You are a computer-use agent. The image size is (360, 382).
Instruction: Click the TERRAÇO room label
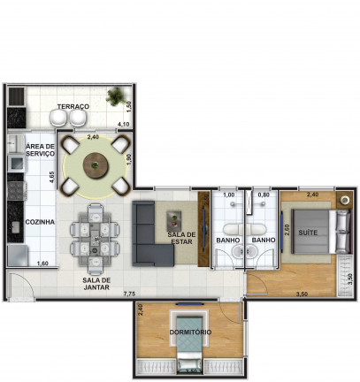click(73, 106)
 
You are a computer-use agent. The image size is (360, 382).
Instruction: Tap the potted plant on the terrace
click(117, 96)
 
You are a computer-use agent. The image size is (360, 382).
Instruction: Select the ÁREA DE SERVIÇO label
click(40, 149)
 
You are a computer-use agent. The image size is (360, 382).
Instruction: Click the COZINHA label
click(40, 222)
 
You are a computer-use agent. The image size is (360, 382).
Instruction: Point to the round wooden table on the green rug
click(96, 164)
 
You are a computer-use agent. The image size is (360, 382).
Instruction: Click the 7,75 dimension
click(129, 294)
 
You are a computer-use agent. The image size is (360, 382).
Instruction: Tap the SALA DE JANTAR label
click(96, 284)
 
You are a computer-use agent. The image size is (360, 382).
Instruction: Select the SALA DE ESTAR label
click(181, 238)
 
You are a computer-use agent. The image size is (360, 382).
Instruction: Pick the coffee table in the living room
click(174, 221)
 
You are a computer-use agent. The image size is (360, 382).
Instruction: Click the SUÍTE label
click(308, 233)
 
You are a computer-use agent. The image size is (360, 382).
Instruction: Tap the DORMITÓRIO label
click(190, 332)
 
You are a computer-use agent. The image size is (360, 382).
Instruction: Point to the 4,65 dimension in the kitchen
click(52, 178)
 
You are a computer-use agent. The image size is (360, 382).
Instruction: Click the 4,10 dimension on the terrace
click(123, 125)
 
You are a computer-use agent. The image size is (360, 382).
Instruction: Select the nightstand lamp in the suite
click(344, 200)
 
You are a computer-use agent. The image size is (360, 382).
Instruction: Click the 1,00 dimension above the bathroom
click(229, 195)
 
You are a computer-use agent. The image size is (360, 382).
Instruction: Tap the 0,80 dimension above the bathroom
click(264, 195)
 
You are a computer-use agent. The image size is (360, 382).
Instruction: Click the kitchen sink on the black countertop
click(15, 227)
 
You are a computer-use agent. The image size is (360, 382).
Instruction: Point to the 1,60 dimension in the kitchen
click(42, 264)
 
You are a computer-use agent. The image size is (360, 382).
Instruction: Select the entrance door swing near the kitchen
click(21, 286)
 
